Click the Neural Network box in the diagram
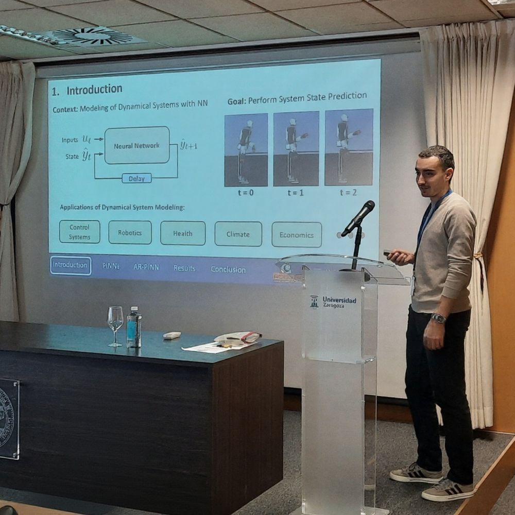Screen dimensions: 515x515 [136, 146]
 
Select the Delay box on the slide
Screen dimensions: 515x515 [136, 178]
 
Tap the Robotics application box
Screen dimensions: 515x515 [130, 232]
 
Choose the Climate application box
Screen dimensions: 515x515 [238, 234]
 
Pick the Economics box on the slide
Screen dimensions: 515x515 [296, 234]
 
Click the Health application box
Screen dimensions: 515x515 [182, 233]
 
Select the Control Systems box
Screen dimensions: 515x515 [79, 232]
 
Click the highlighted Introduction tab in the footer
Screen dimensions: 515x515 [71, 265]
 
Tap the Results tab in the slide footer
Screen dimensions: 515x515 [184, 268]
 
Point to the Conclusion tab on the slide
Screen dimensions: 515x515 [228, 269]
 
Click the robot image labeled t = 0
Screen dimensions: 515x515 [246, 150]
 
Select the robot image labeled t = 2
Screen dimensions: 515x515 [348, 147]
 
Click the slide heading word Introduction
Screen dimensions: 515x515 [94, 90]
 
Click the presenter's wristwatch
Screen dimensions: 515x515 [438, 318]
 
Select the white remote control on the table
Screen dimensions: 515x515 [172, 335]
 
